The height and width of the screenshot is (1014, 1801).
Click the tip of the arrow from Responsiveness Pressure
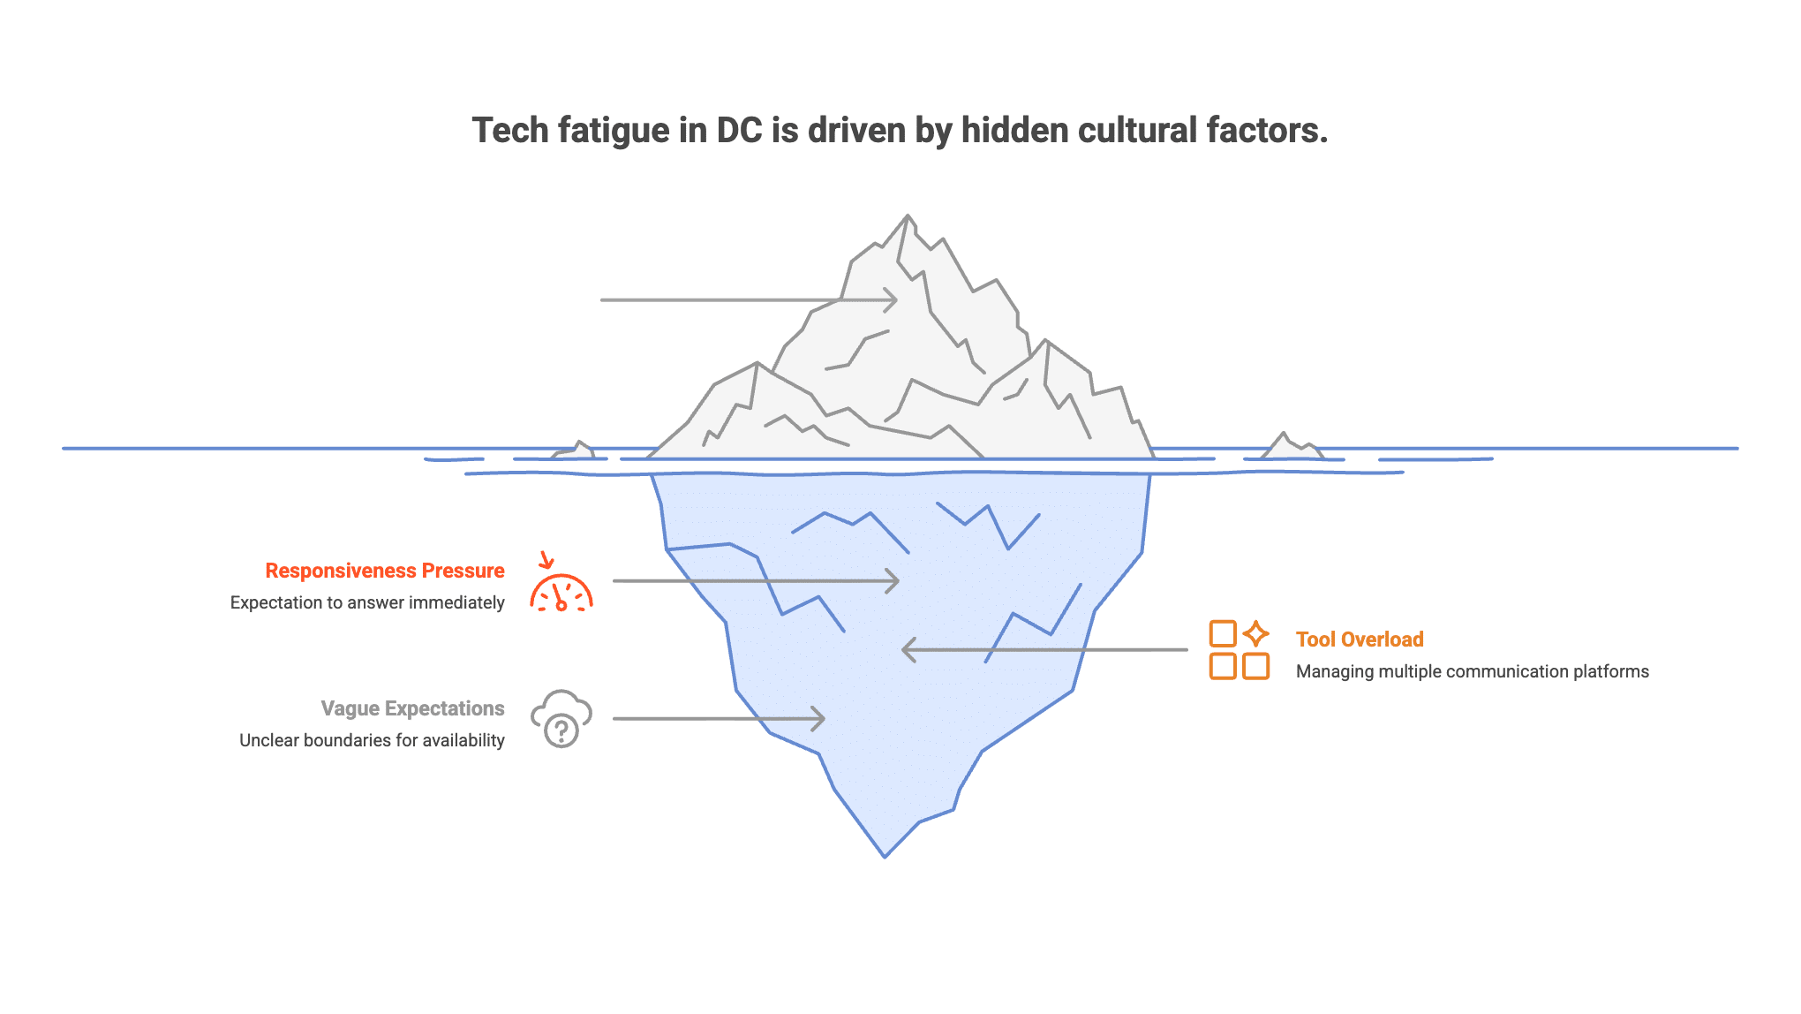tap(899, 580)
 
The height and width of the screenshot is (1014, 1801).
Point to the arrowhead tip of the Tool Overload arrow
tap(902, 649)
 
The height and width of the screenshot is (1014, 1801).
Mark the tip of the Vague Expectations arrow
tap(825, 718)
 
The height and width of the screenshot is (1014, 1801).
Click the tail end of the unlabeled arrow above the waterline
tap(601, 299)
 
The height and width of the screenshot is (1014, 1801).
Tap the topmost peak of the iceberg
tap(908, 215)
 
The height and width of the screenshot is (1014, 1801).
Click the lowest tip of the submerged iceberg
tap(885, 857)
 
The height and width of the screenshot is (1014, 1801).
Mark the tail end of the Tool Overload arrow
tap(1187, 649)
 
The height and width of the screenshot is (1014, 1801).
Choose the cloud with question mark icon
tap(561, 719)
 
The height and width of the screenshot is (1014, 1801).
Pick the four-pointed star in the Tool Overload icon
tap(1255, 633)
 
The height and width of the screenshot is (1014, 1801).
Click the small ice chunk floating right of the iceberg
tap(1292, 446)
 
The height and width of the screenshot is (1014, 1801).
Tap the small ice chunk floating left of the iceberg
tap(575, 450)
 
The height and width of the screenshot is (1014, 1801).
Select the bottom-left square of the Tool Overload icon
tap(1223, 666)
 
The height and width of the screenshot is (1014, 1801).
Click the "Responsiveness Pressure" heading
tap(385, 571)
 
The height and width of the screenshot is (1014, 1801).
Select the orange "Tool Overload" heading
tap(1360, 639)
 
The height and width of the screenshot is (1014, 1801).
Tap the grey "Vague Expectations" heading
tap(412, 708)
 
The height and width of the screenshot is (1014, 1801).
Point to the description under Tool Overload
tap(1472, 671)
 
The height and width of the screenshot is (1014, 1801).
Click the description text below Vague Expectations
tap(372, 740)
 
